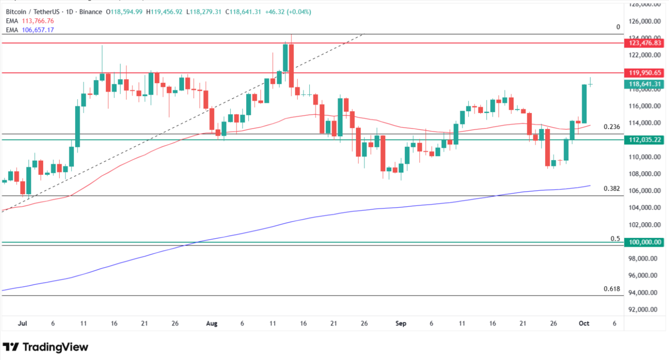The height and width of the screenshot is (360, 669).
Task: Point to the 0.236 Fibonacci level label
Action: tap(612, 127)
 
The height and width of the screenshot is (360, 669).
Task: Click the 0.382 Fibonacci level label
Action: tap(612, 188)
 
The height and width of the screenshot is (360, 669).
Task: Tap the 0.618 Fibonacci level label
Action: tap(612, 289)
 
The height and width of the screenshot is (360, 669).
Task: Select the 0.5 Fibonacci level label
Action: tap(615, 239)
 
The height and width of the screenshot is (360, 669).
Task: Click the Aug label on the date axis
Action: tap(212, 324)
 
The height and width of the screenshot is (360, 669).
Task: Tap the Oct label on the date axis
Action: tap(584, 324)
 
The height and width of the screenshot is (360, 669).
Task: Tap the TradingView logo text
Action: tap(55, 347)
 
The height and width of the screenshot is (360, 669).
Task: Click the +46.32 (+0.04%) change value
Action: tap(288, 12)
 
